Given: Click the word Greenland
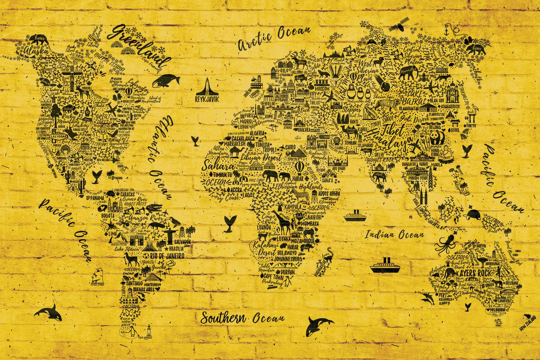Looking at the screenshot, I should [140, 45].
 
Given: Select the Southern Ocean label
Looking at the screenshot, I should [243, 318].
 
